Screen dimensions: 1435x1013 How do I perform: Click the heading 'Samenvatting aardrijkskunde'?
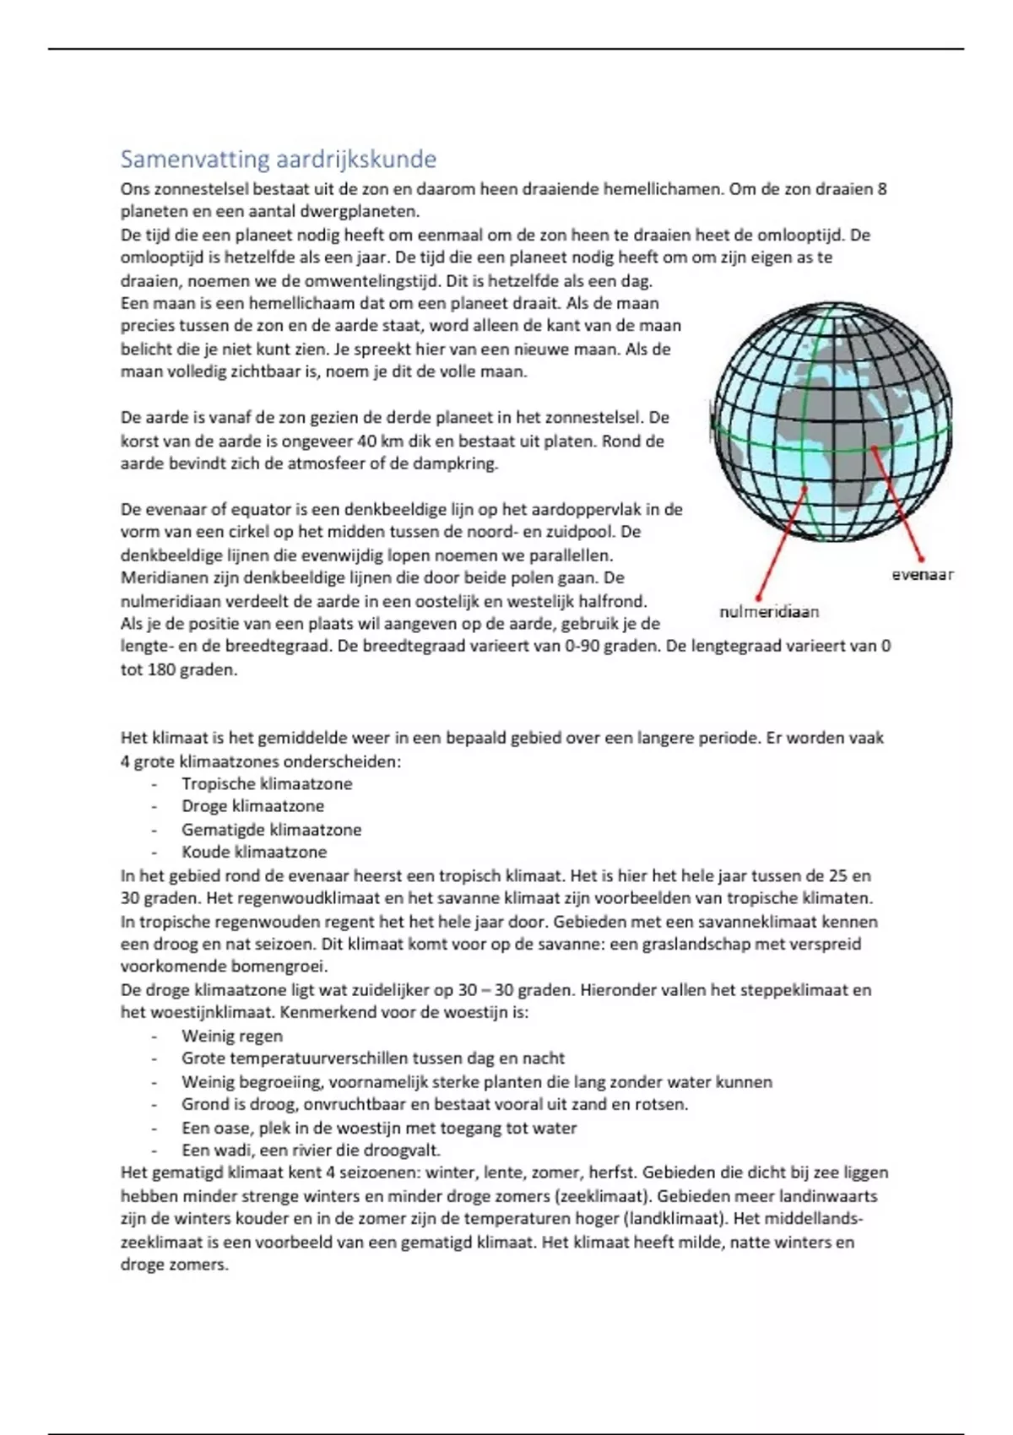(x=278, y=159)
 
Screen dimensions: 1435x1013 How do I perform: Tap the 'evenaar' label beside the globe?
(x=923, y=575)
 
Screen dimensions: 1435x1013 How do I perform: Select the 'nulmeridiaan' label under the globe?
(x=768, y=612)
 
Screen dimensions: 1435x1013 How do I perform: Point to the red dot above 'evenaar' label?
(x=921, y=558)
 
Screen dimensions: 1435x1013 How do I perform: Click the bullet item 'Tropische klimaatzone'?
(x=267, y=783)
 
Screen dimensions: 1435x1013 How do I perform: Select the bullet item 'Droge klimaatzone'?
(x=252, y=806)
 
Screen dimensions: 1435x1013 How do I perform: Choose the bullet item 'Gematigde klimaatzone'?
(x=271, y=830)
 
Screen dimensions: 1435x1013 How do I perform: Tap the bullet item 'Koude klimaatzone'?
(x=254, y=852)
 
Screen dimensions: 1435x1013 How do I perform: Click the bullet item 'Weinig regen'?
(x=232, y=1036)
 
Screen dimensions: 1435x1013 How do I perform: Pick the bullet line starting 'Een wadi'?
(x=311, y=1150)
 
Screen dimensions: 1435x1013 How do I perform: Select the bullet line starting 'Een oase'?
(x=379, y=1128)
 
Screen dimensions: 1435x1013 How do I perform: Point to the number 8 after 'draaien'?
(x=882, y=188)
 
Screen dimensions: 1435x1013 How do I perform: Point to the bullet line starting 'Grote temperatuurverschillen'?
(x=373, y=1059)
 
